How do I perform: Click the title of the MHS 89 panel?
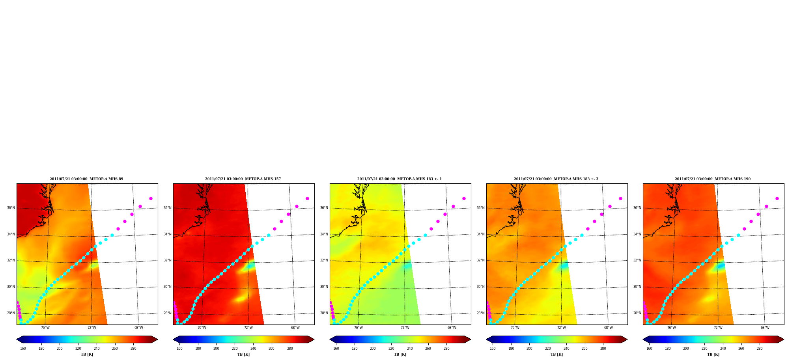tap(86, 179)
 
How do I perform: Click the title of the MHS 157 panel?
tap(243, 179)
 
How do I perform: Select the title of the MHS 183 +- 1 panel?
tap(400, 179)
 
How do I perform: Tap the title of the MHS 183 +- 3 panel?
tap(556, 179)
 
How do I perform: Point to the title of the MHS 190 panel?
tap(713, 179)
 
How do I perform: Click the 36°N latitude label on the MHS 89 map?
tap(11, 208)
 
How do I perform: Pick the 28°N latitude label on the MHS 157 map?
tap(167, 313)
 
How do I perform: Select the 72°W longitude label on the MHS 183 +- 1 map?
tap(405, 328)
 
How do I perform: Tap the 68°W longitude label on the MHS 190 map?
tap(765, 328)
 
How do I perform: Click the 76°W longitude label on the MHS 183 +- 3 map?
tap(515, 328)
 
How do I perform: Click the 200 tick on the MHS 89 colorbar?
tap(60, 349)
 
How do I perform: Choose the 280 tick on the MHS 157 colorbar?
tap(290, 349)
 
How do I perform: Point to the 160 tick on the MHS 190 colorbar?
tap(649, 349)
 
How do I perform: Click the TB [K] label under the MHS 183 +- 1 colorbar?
tap(400, 354)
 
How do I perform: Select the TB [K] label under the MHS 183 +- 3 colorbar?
tap(556, 354)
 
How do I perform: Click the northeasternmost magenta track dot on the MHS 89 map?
tap(151, 198)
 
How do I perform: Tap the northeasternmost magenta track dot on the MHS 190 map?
tap(777, 198)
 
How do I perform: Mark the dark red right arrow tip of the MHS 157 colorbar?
tap(314, 339)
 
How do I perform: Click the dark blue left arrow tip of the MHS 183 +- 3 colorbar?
tap(487, 339)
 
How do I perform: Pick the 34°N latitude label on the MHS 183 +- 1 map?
tap(324, 234)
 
